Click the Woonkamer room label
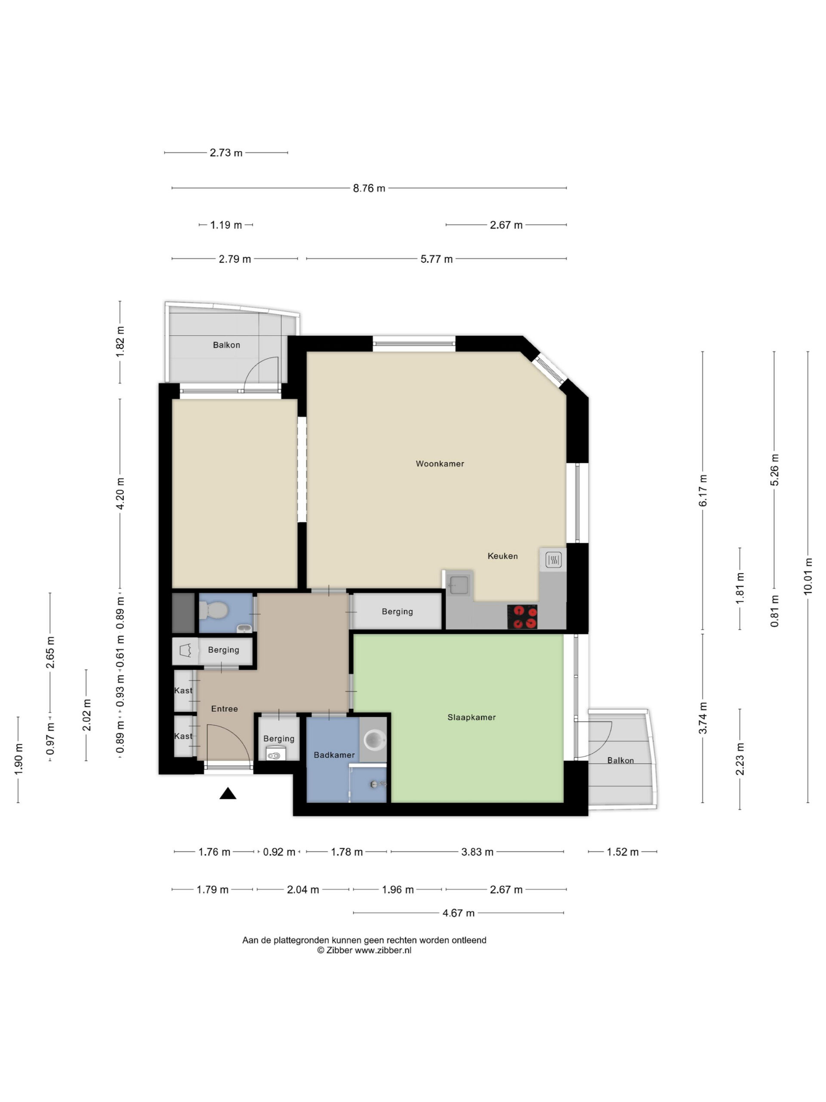(x=440, y=463)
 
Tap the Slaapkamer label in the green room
(x=472, y=718)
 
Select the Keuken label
(x=502, y=556)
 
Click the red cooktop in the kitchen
(x=522, y=617)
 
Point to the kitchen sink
(x=458, y=584)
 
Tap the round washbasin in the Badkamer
(x=374, y=740)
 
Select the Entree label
(x=225, y=709)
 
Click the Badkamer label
(x=334, y=755)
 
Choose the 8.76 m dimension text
(x=369, y=188)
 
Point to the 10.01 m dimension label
(x=808, y=576)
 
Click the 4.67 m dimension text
(x=459, y=913)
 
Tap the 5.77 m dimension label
(x=437, y=259)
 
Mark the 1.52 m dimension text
(x=623, y=852)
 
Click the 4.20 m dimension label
(x=120, y=493)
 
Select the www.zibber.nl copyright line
(x=364, y=950)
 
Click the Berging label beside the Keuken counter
(x=398, y=611)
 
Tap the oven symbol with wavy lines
(x=553, y=560)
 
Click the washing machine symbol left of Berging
(x=185, y=650)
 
